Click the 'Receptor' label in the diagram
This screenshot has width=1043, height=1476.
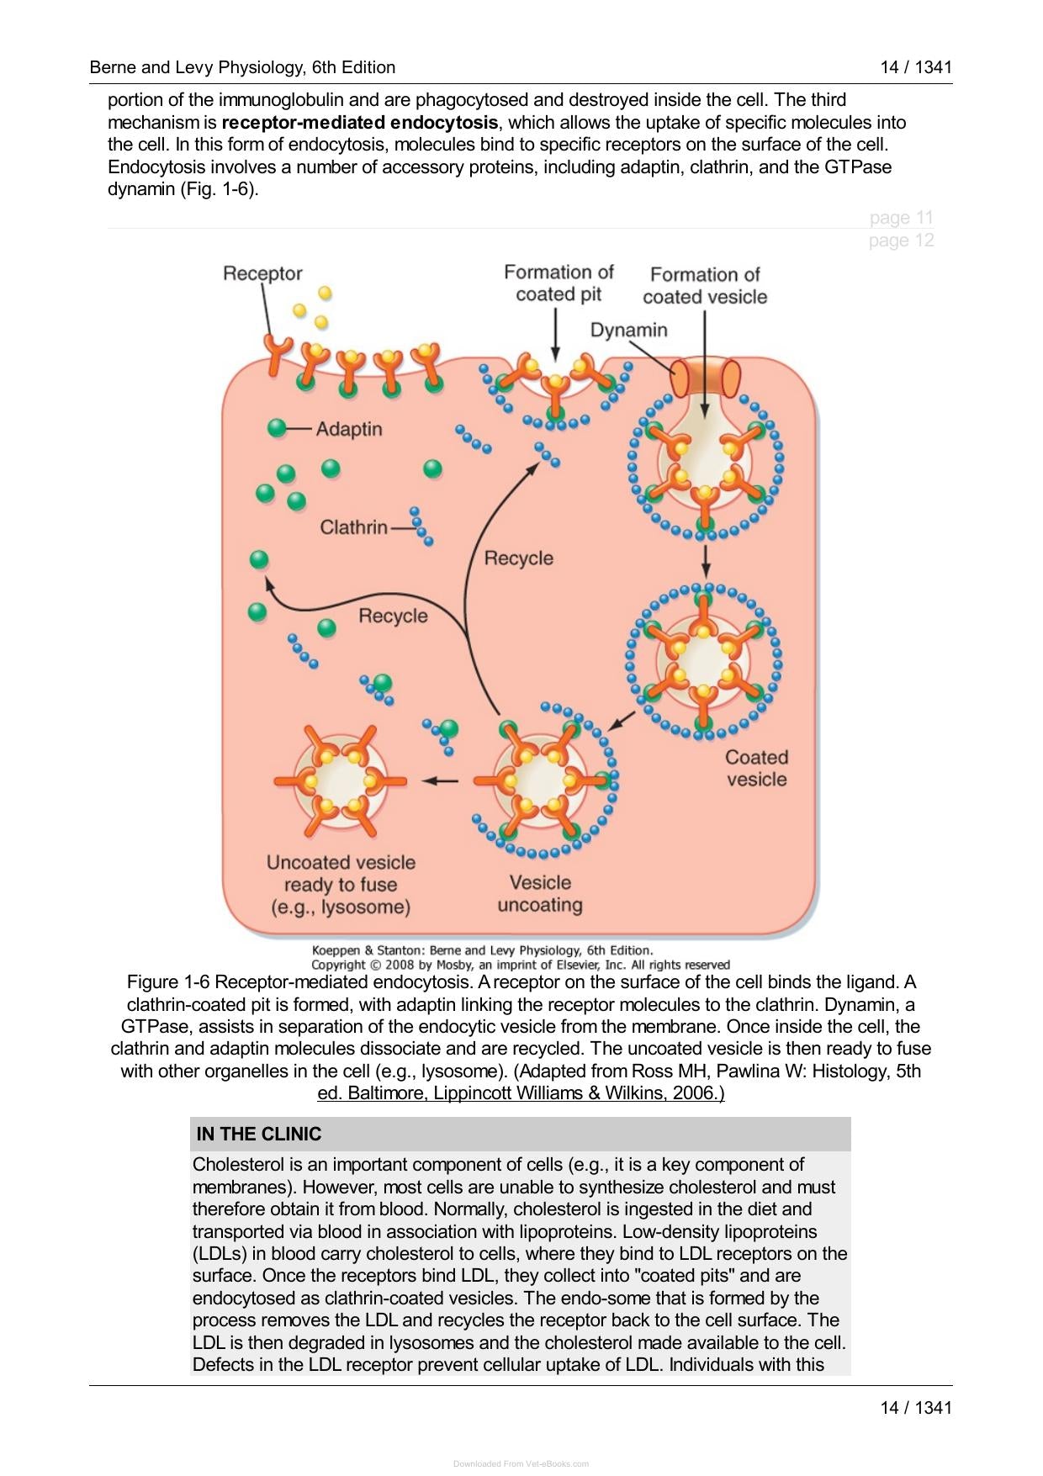tap(262, 273)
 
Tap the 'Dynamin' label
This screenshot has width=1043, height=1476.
tap(628, 330)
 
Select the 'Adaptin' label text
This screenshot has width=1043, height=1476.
tap(349, 429)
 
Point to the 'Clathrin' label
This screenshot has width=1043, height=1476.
tap(353, 527)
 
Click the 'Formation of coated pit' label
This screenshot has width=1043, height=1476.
tap(559, 283)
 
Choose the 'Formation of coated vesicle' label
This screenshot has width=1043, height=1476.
tap(705, 286)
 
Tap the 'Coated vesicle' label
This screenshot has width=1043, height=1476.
tap(756, 768)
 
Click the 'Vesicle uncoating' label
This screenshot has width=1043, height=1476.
tap(540, 893)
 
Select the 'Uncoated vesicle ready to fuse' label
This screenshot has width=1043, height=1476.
tap(341, 885)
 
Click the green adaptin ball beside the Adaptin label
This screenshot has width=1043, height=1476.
tap(277, 428)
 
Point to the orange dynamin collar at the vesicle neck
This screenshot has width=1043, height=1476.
tap(706, 377)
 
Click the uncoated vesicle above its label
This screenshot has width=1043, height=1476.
tap(340, 780)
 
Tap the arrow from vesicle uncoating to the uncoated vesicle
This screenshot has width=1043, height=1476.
tap(440, 780)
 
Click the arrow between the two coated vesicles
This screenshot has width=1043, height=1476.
tap(706, 557)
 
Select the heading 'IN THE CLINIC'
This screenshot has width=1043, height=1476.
tap(259, 1134)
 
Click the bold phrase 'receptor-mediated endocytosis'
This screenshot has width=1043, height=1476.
tap(360, 123)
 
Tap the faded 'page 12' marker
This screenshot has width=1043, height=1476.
tap(901, 241)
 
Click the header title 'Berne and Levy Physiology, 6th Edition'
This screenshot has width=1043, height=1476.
tap(242, 67)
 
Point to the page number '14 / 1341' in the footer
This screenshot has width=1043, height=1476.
tap(916, 1408)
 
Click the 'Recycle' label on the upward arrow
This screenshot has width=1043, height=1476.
tap(519, 558)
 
